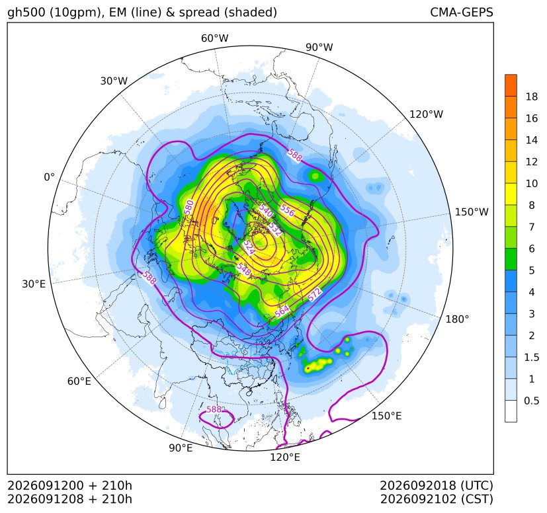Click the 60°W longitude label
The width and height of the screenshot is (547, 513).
pyautogui.click(x=214, y=38)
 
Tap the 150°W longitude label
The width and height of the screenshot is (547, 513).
pyautogui.click(x=472, y=212)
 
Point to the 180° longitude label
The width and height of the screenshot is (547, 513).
pyautogui.click(x=457, y=319)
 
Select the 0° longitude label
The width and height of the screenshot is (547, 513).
pyautogui.click(x=49, y=177)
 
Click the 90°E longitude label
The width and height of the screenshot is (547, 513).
pyautogui.click(x=181, y=448)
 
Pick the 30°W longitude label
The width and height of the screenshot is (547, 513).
pyautogui.click(x=114, y=81)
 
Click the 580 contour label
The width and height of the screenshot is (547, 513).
pyautogui.click(x=189, y=207)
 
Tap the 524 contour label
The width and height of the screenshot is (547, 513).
pyautogui.click(x=249, y=247)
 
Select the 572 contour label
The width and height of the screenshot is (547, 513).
pyautogui.click(x=314, y=294)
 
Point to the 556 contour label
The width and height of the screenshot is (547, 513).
pyautogui.click(x=288, y=210)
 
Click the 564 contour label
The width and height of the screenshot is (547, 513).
pyautogui.click(x=282, y=311)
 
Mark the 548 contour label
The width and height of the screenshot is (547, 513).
pyautogui.click(x=243, y=269)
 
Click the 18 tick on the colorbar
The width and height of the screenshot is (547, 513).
pyautogui.click(x=532, y=97)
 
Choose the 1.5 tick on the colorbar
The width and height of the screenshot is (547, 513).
pyautogui.click(x=532, y=357)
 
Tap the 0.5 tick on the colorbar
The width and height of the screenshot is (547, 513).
pyautogui.click(x=532, y=401)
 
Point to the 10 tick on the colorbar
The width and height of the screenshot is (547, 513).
pyautogui.click(x=532, y=183)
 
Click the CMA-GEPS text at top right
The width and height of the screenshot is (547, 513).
pyautogui.click(x=462, y=12)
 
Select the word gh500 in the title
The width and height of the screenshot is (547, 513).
pyautogui.click(x=26, y=13)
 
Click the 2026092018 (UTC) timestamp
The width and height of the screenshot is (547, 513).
pyautogui.click(x=437, y=485)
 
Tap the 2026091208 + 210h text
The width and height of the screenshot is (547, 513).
pyautogui.click(x=69, y=499)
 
